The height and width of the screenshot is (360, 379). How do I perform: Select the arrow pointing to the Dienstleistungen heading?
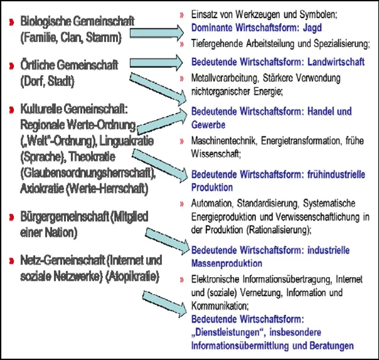(x=164, y=301)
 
